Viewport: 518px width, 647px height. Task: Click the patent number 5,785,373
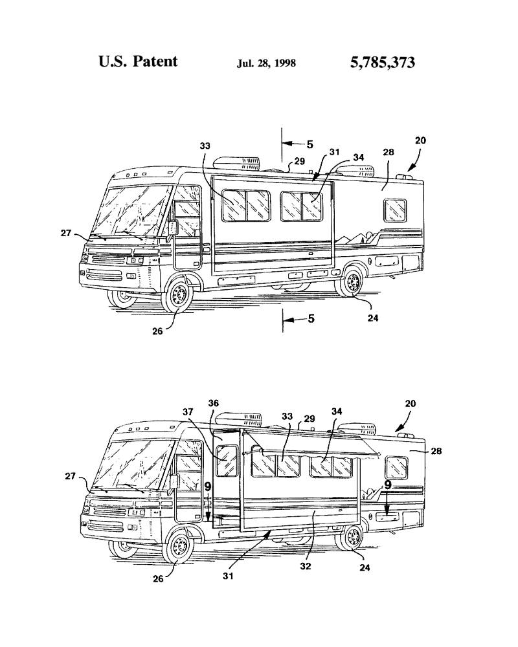point(382,63)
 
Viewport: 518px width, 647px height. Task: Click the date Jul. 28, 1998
point(267,63)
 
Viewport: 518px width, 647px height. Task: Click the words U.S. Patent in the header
point(138,61)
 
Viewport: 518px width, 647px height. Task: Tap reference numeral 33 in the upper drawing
point(205,146)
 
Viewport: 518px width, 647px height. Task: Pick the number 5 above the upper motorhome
point(310,145)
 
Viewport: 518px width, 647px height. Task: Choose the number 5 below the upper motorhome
point(310,318)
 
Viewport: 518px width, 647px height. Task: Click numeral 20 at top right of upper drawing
point(420,140)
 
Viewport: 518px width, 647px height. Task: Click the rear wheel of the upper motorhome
point(352,283)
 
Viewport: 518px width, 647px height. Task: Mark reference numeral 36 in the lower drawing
point(213,403)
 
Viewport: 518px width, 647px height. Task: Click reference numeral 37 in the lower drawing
point(188,412)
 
